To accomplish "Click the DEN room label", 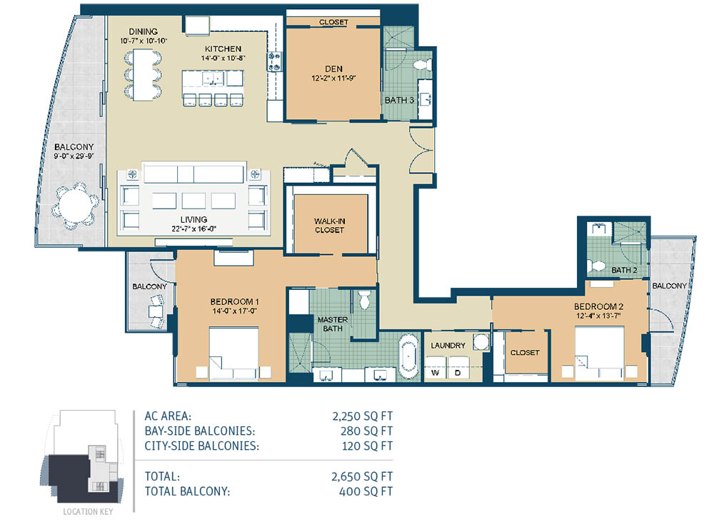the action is pyautogui.click(x=333, y=69).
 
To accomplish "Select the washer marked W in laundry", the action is pyautogui.click(x=436, y=368).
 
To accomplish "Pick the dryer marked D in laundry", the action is pyautogui.click(x=459, y=368).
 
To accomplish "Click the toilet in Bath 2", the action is pyautogui.click(x=596, y=266).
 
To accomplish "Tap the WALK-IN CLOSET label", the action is pyautogui.click(x=329, y=226).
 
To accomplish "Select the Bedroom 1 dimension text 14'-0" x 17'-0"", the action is pyautogui.click(x=234, y=311).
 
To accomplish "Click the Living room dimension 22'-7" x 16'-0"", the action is pyautogui.click(x=193, y=229).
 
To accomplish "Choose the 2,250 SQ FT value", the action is pyautogui.click(x=363, y=416).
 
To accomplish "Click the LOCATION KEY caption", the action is pyautogui.click(x=88, y=511).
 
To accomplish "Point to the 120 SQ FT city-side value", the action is pyautogui.click(x=367, y=446).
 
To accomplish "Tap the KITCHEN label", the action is pyautogui.click(x=223, y=49).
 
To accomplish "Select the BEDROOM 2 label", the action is pyautogui.click(x=598, y=306).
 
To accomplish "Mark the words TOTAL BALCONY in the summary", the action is pyautogui.click(x=187, y=491).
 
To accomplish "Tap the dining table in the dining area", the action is pyautogui.click(x=143, y=75).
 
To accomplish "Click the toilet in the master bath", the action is pyautogui.click(x=365, y=300).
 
